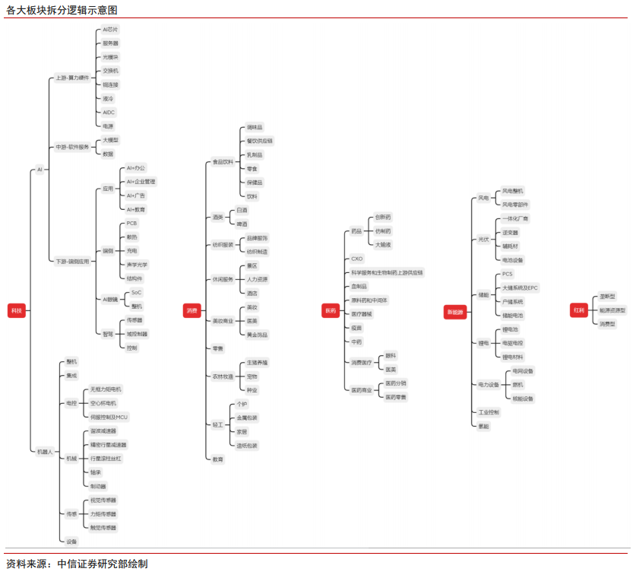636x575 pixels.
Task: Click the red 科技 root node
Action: [17, 310]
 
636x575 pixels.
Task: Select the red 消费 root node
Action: [191, 310]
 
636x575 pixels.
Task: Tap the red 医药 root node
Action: [331, 310]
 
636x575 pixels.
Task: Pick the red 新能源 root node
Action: [455, 311]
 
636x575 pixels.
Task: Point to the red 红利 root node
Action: [579, 310]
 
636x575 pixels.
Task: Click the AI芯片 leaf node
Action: [110, 30]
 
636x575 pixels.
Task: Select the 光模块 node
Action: [110, 57]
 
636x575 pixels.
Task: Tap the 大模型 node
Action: [110, 140]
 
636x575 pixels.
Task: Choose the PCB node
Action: [131, 224]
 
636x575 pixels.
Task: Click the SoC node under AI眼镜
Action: [136, 292]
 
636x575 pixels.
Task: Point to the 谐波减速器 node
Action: [103, 430]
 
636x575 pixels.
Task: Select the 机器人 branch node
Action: [46, 451]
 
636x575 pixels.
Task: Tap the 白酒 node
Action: [242, 210]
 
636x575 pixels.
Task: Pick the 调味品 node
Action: [255, 127]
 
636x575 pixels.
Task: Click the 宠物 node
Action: [252, 376]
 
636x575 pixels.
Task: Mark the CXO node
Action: [356, 259]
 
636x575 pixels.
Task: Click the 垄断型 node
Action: [607, 296]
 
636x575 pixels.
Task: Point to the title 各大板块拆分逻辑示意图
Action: [62, 10]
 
